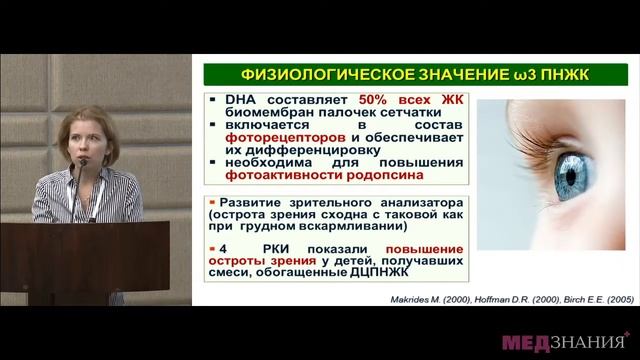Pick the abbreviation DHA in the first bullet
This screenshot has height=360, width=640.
tap(233, 99)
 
